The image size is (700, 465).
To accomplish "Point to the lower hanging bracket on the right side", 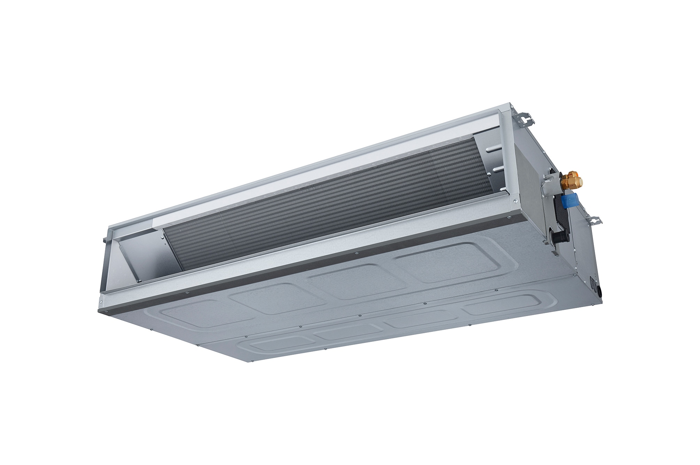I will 593,219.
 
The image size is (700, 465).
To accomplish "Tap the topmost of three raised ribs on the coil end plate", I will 493,149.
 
